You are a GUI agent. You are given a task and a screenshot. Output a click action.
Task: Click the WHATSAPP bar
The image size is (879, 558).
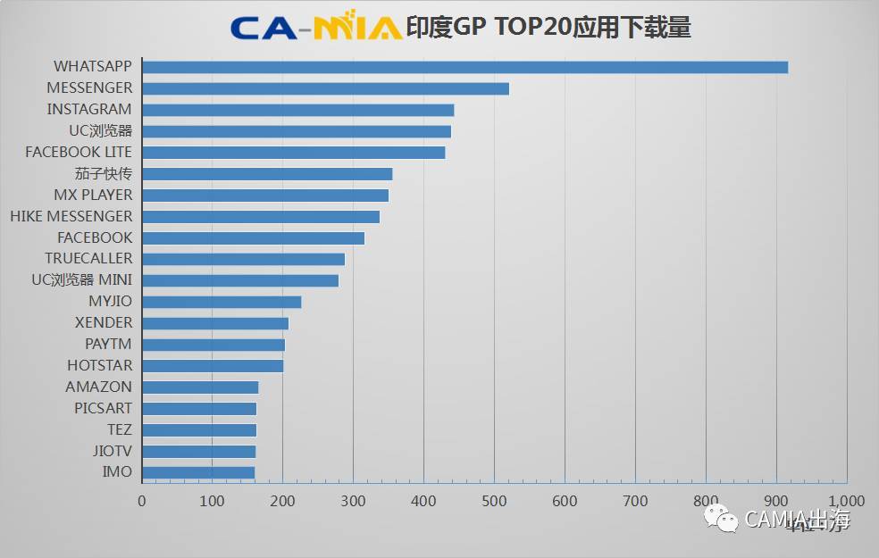pyautogui.click(x=465, y=67)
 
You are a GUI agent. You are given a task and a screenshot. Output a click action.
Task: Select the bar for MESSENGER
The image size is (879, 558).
pyautogui.click(x=325, y=88)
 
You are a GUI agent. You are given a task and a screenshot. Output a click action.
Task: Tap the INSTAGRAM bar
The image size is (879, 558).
pyautogui.click(x=297, y=110)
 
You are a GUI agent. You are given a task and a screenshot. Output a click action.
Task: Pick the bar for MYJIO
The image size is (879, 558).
pyautogui.click(x=222, y=302)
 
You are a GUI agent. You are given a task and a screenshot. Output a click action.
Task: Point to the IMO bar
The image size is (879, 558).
pyautogui.click(x=198, y=472)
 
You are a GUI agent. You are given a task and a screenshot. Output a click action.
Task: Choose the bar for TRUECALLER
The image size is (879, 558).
pyautogui.click(x=243, y=259)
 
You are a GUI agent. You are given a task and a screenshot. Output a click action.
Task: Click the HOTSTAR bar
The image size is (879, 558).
pyautogui.click(x=213, y=366)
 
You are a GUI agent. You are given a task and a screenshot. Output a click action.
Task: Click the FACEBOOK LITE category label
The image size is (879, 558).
pyautogui.click(x=79, y=152)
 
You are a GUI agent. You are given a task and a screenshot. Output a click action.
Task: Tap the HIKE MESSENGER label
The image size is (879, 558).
pyautogui.click(x=71, y=216)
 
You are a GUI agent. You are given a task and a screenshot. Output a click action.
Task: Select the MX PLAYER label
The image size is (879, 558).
pyautogui.click(x=93, y=195)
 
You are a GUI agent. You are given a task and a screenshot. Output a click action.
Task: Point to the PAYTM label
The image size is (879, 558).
pyautogui.click(x=108, y=345)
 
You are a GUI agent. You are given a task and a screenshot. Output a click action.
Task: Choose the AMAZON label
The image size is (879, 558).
pyautogui.click(x=98, y=387)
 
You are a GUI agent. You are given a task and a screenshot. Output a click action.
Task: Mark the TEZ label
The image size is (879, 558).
pyautogui.click(x=119, y=429)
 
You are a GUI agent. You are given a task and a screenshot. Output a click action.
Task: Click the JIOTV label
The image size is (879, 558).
pyautogui.click(x=112, y=451)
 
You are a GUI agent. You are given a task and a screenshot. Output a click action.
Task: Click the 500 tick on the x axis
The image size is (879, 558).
pyautogui.click(x=494, y=501)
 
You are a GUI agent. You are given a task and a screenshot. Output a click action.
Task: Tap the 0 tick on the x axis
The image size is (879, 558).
pyautogui.click(x=142, y=501)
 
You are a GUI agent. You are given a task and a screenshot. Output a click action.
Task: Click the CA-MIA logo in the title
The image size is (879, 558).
pyautogui.click(x=315, y=28)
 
